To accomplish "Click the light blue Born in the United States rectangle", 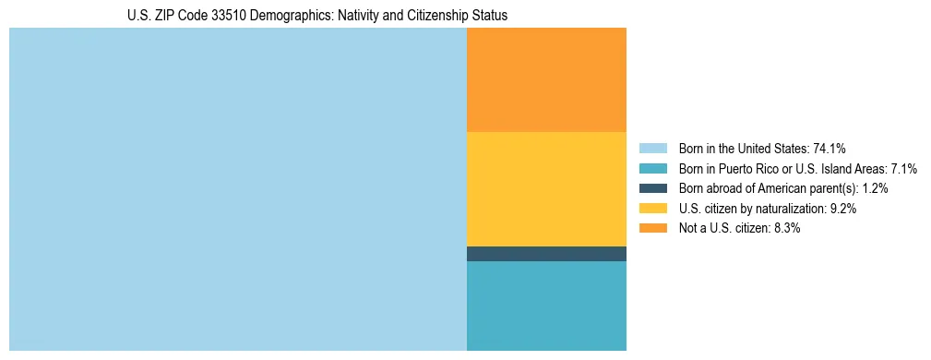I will [x=238, y=189].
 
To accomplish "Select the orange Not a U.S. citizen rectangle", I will [x=546, y=80].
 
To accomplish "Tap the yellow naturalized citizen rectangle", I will [x=546, y=189].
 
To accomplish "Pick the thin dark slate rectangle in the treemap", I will [x=546, y=254].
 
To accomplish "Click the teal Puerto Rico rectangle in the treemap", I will [x=546, y=306].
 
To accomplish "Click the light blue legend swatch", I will [x=652, y=148].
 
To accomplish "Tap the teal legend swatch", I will [x=652, y=168].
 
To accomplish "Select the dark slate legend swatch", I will [x=652, y=188].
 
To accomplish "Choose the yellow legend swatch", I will [x=652, y=209].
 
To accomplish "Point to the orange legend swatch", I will [x=652, y=228].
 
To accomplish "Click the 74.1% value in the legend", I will [x=830, y=148].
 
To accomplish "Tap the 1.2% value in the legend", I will [x=876, y=188].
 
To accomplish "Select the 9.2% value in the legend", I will [x=843, y=209].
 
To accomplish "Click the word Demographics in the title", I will [x=302, y=16].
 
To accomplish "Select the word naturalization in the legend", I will [x=794, y=209].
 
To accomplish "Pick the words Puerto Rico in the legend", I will [x=749, y=168].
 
